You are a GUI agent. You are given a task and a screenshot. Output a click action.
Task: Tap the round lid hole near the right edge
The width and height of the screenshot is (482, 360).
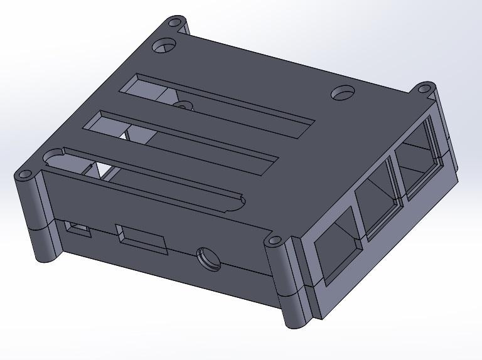(343, 93)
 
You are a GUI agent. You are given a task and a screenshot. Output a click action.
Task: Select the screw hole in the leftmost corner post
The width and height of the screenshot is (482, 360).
(24, 174)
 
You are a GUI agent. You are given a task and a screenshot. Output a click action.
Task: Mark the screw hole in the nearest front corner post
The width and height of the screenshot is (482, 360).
(274, 240)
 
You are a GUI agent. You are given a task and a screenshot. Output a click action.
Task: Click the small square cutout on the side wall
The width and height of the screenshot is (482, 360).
(78, 229)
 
